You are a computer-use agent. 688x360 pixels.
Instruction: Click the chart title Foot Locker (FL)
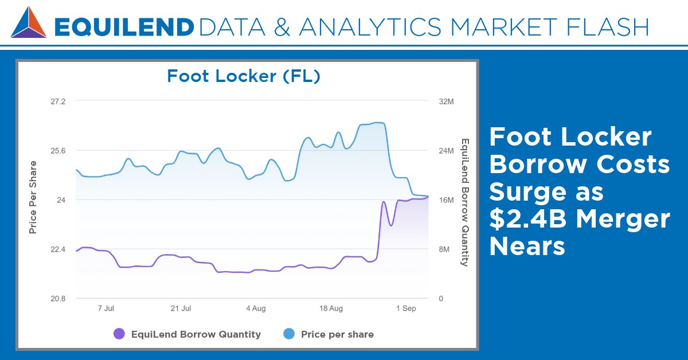[x=243, y=76]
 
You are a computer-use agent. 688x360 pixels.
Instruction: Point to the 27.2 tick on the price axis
[x=58, y=101]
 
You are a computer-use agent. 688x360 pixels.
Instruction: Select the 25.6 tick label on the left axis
[x=58, y=151]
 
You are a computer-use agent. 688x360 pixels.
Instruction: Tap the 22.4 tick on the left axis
[x=58, y=249]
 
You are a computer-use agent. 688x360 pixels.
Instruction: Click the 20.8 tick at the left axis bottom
[x=58, y=299]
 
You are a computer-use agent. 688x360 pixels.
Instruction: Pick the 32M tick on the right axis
[x=446, y=101]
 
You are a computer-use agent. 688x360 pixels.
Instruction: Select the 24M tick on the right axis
[x=446, y=151]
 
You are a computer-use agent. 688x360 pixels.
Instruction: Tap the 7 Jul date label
[x=106, y=308]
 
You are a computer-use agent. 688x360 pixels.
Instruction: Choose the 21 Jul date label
[x=181, y=308]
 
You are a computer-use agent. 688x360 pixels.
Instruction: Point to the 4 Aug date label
[x=256, y=308]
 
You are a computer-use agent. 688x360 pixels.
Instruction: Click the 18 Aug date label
[x=331, y=308]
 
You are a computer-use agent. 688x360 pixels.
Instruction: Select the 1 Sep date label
[x=406, y=308]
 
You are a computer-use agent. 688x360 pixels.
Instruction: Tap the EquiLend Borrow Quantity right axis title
[x=465, y=202]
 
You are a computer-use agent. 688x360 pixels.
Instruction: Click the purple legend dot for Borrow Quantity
[x=119, y=334]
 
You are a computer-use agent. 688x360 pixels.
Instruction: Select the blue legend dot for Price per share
[x=289, y=334]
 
